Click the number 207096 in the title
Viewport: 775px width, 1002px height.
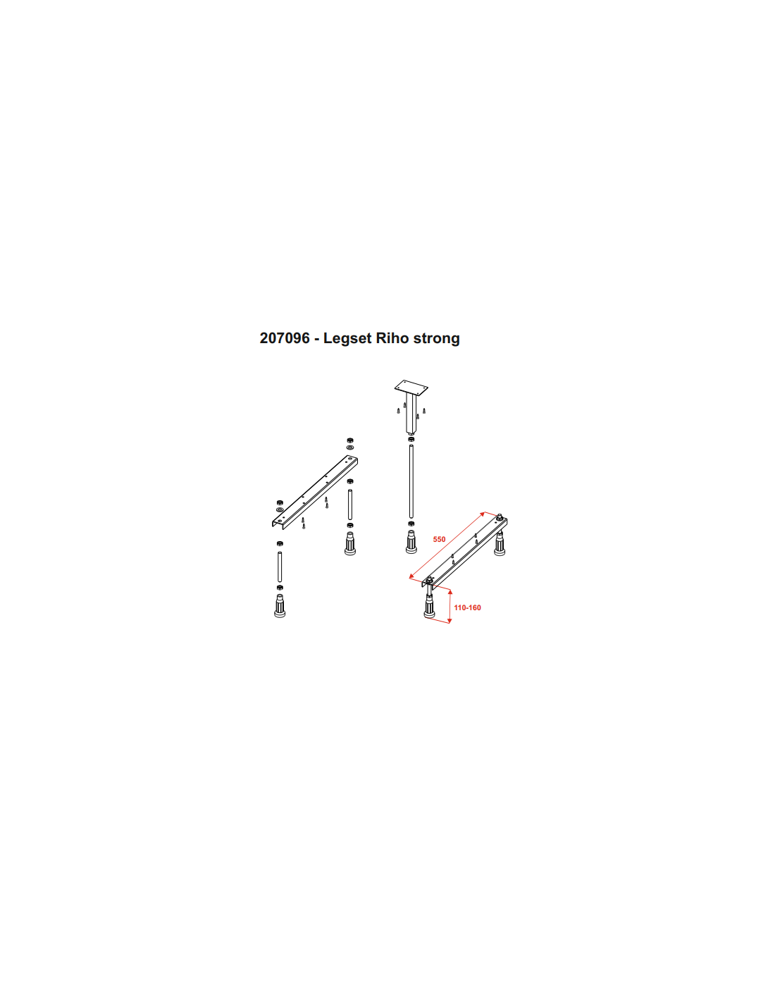click(x=285, y=338)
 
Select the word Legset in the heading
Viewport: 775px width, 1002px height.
click(x=348, y=338)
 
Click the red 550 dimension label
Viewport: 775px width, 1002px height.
click(x=439, y=539)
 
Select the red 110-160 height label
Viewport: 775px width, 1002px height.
click(x=467, y=607)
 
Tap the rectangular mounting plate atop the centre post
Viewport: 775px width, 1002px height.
click(x=411, y=387)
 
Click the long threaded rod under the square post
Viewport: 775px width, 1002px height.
click(x=411, y=481)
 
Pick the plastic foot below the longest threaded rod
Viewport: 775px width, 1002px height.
click(x=411, y=542)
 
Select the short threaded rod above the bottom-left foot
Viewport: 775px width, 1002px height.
click(x=280, y=567)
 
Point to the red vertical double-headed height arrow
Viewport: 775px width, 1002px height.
click(x=450, y=607)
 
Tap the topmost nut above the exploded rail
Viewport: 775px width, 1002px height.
click(x=350, y=440)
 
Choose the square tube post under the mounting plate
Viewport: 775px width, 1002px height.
click(x=411, y=413)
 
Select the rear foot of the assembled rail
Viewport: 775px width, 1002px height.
click(x=500, y=544)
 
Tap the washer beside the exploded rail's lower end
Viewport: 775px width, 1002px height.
click(x=280, y=509)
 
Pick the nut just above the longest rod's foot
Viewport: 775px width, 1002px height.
click(x=411, y=524)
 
